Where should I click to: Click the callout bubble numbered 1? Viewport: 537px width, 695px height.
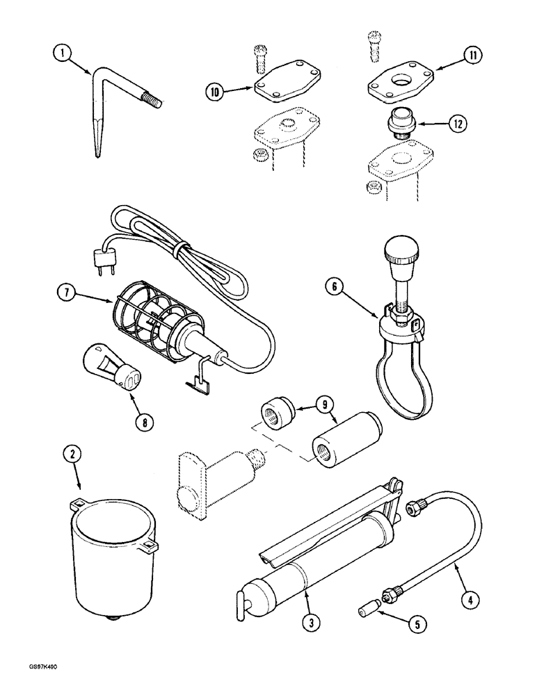click(63, 53)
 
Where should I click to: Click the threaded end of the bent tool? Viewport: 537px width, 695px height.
click(152, 101)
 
